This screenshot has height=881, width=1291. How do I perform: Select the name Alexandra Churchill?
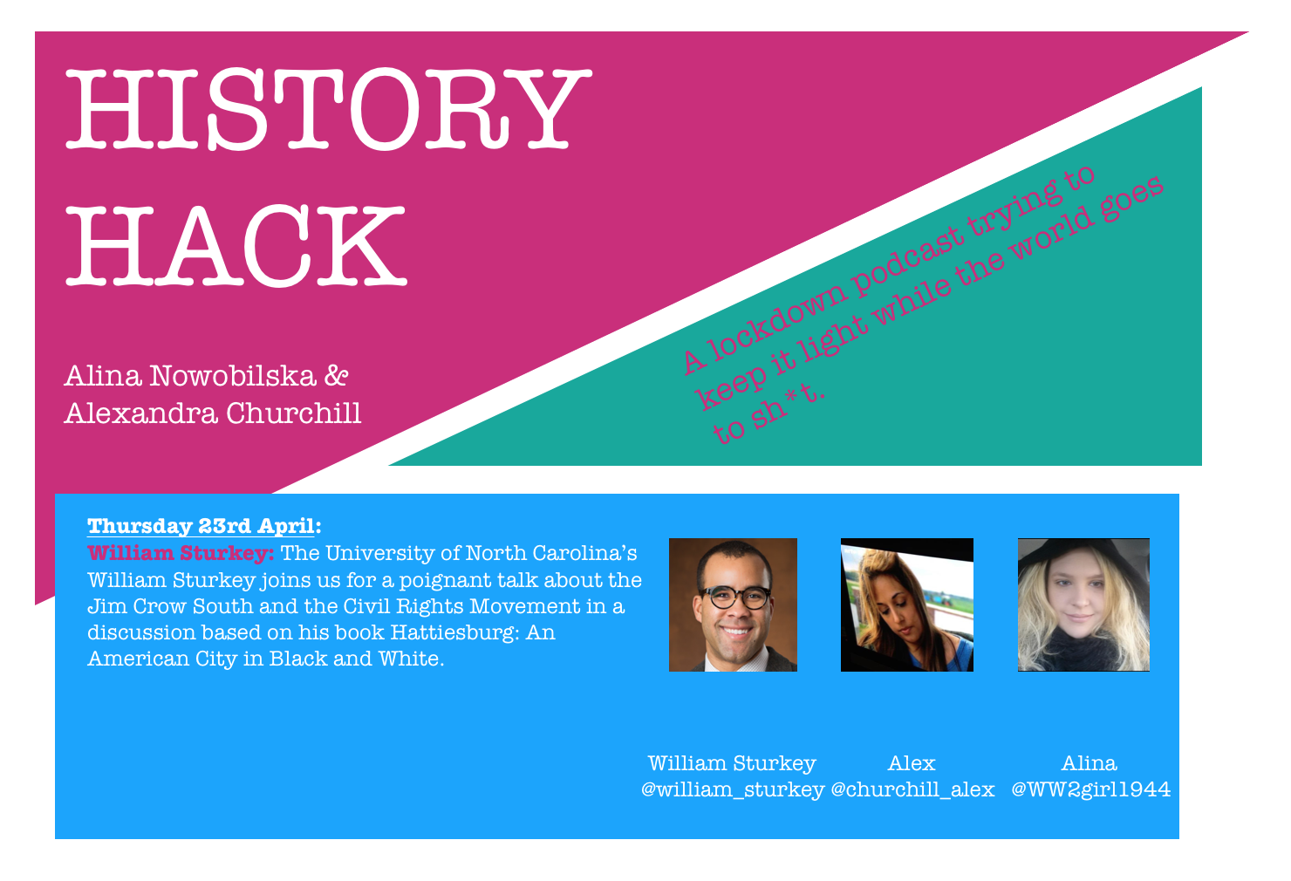[x=213, y=413]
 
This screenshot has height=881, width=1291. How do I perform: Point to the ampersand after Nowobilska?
[x=337, y=376]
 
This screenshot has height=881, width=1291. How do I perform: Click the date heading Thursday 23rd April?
[x=204, y=526]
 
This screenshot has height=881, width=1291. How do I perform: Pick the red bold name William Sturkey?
[x=181, y=553]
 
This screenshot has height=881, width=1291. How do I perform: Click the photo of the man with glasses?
[x=733, y=604]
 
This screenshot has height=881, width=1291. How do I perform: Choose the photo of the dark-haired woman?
[x=906, y=604]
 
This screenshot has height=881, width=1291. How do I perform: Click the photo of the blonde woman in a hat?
[x=1083, y=604]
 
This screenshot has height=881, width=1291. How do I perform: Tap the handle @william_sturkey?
[x=733, y=789]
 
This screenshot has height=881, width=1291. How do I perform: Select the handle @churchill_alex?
[x=912, y=789]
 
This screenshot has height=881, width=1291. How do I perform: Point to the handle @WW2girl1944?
[x=1090, y=789]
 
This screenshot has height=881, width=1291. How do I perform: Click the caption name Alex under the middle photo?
[x=912, y=763]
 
